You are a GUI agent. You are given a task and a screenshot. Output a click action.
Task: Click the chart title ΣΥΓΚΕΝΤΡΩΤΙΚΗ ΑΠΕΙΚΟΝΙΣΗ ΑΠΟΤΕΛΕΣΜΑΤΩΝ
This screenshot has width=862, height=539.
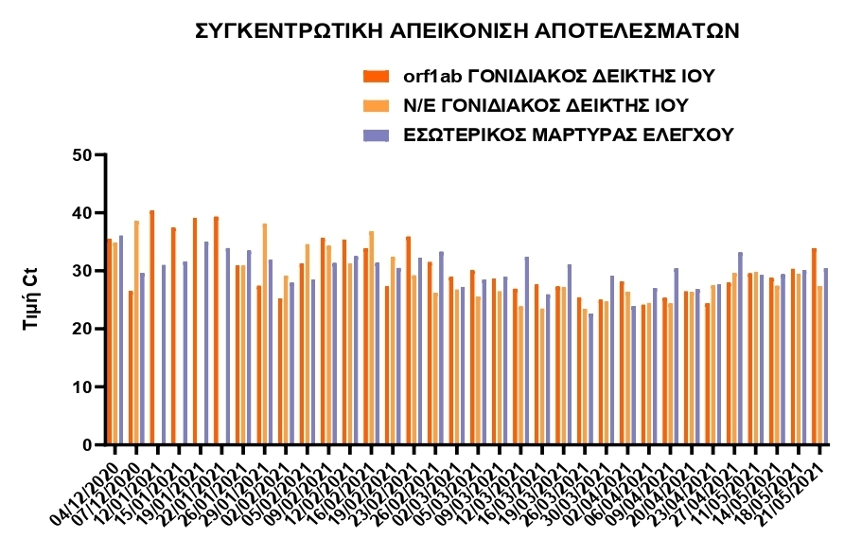click(466, 31)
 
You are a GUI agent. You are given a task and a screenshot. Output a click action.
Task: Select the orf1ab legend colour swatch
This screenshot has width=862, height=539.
click(376, 76)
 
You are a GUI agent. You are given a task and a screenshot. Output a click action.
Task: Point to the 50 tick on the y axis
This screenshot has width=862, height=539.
click(82, 155)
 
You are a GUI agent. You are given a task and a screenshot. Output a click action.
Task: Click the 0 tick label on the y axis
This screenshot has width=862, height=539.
click(88, 445)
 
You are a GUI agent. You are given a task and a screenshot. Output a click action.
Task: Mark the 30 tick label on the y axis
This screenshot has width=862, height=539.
click(82, 271)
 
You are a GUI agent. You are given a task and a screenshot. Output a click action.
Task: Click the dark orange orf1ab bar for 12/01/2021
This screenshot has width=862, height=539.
click(152, 327)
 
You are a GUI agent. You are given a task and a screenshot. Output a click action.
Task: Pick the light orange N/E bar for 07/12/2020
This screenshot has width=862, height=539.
click(136, 332)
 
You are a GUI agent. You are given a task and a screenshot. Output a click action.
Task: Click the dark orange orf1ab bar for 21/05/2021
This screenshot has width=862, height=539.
click(814, 346)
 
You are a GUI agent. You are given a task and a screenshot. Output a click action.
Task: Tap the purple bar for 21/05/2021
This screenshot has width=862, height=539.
click(825, 356)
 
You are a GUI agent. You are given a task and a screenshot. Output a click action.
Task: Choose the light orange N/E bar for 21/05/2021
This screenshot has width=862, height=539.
click(819, 365)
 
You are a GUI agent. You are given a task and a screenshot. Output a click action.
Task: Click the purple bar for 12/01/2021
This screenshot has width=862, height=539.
click(164, 354)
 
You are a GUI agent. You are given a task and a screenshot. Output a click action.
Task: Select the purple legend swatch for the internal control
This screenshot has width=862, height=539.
click(376, 135)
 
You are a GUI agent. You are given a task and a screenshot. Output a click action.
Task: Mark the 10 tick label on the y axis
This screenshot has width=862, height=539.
click(82, 387)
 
